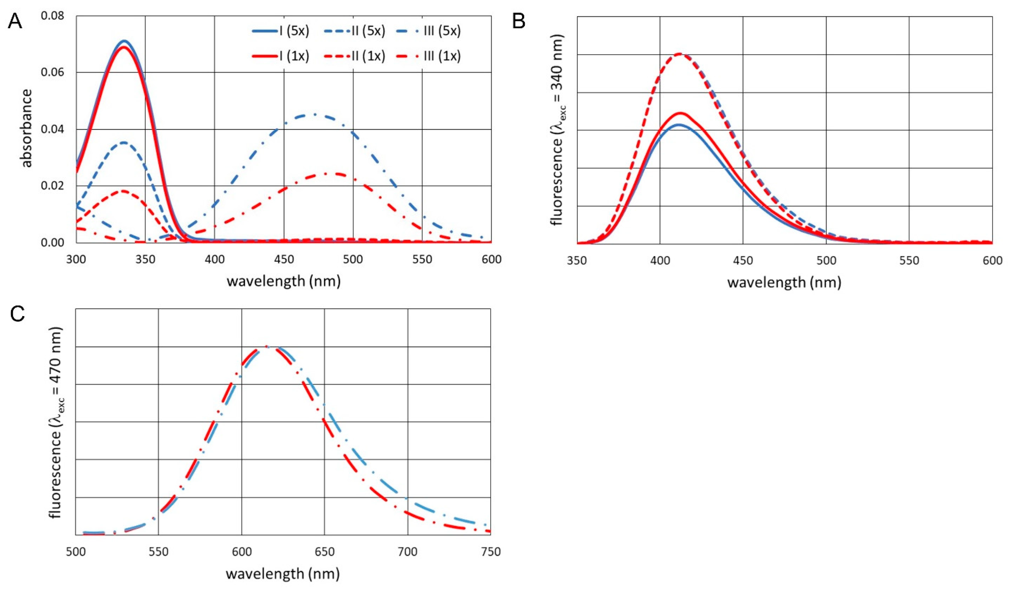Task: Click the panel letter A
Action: tap(15, 21)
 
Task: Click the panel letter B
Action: tap(519, 21)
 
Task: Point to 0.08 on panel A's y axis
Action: tap(55, 16)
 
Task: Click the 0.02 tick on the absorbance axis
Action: tap(55, 186)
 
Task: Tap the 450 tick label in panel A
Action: tap(284, 260)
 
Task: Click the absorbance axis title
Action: tap(27, 128)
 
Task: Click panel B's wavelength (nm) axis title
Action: tap(784, 282)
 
